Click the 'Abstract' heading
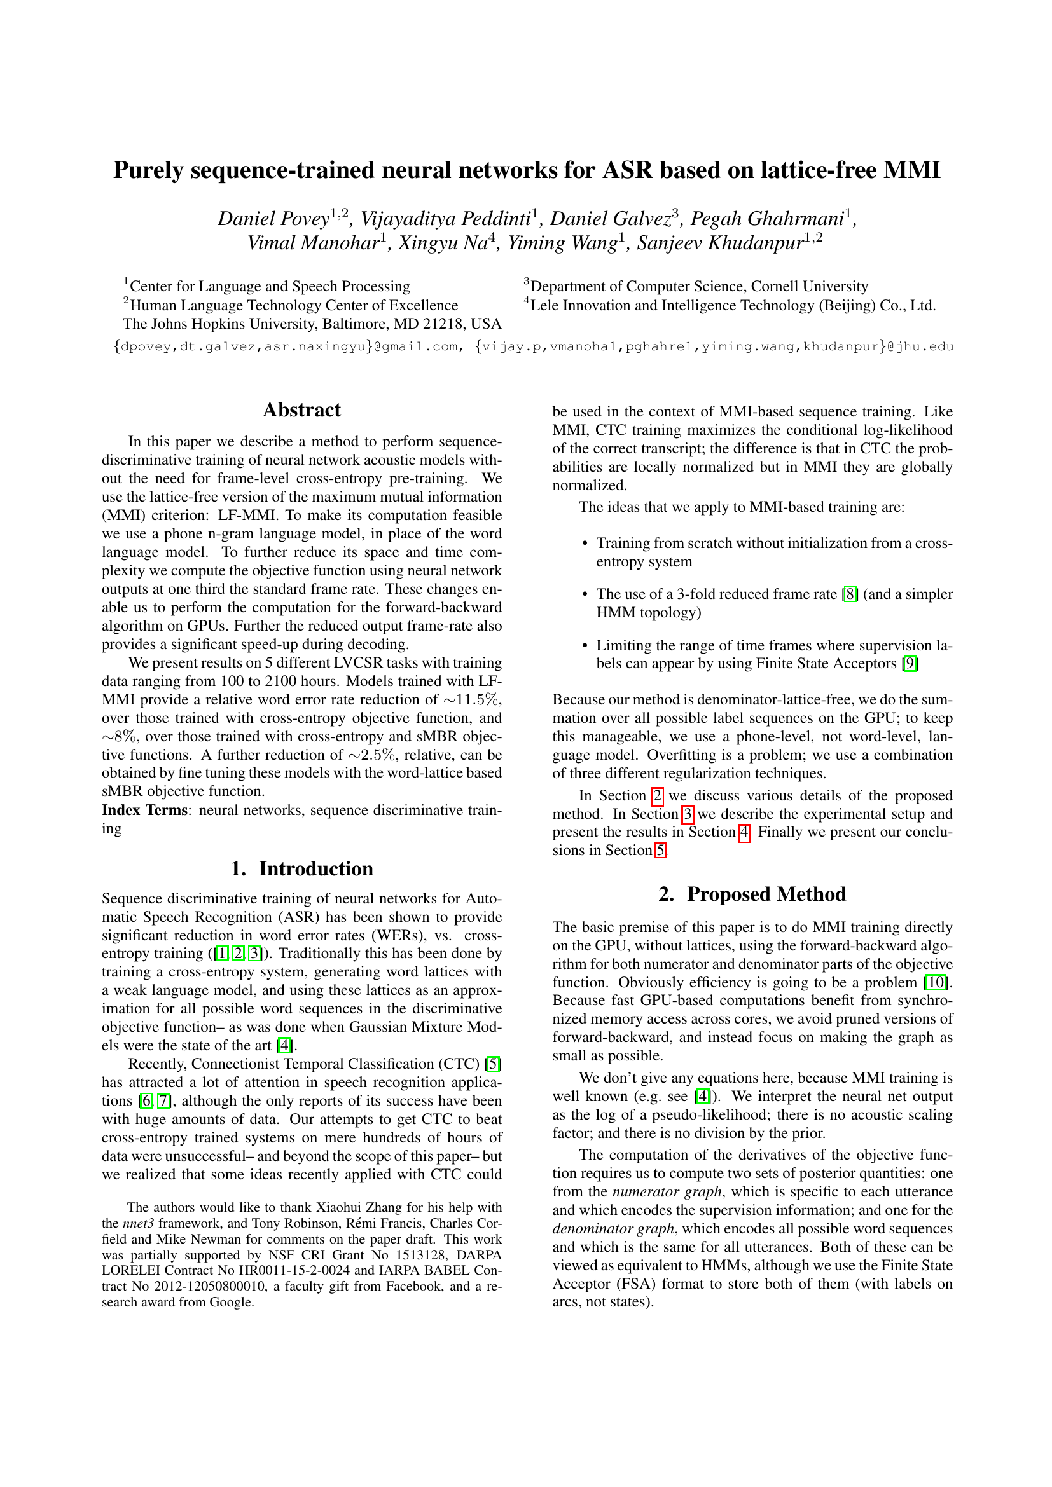[x=301, y=410]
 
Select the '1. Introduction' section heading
[x=301, y=868]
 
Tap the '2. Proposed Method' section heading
[x=752, y=894]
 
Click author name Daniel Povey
[x=273, y=219]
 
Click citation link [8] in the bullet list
[x=850, y=594]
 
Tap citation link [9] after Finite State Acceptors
[x=910, y=663]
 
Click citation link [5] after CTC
[x=493, y=1064]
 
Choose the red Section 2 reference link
[x=657, y=795]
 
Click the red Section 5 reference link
[x=660, y=851]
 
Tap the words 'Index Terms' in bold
[x=144, y=810]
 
